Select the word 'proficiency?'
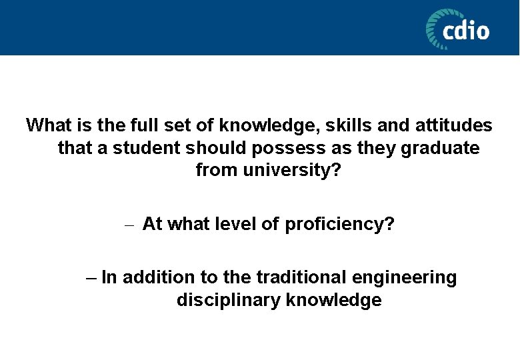(339, 224)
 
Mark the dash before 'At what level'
(129, 225)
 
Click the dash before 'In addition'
(93, 277)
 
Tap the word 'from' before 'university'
(216, 170)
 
